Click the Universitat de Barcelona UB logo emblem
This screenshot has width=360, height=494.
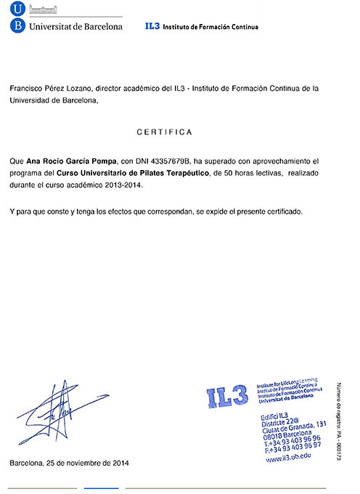(x=17, y=17)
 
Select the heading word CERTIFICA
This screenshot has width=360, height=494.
(x=164, y=132)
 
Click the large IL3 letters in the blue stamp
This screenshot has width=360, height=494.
(x=227, y=398)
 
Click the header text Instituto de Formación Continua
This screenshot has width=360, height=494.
(x=210, y=27)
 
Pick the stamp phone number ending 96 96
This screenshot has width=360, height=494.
(x=294, y=441)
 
